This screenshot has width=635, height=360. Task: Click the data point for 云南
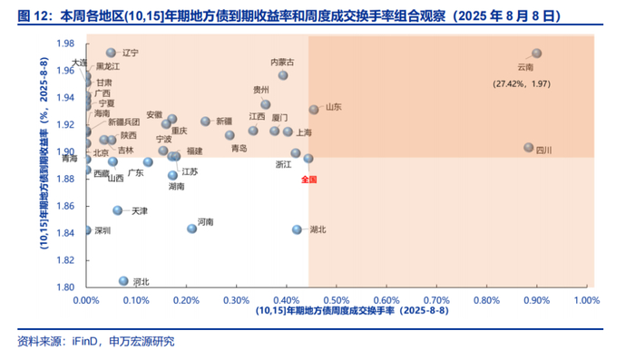point(537,54)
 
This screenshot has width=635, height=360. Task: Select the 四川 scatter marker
point(529,148)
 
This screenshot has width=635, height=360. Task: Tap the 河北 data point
point(123,281)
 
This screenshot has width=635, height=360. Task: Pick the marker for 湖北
point(297,229)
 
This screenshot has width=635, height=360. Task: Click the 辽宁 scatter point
point(111,53)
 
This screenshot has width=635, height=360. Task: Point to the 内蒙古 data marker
point(283,75)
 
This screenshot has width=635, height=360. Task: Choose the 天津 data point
point(117,210)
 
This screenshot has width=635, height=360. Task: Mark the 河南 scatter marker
point(192,229)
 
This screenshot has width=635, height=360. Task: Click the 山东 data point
point(314,110)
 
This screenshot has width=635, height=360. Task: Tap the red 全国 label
point(309,180)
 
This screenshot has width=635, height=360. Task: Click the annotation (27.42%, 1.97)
point(522,83)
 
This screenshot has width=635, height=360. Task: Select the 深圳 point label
point(103,230)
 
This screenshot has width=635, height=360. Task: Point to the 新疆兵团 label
point(124,122)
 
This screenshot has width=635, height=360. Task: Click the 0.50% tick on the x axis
point(337,300)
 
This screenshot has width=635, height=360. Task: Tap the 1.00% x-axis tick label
point(587,300)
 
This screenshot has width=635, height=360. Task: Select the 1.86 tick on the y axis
point(65,206)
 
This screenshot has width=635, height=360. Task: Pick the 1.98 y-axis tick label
point(65,44)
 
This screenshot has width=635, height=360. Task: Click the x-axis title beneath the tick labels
point(352,311)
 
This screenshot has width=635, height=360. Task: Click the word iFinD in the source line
point(84,341)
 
